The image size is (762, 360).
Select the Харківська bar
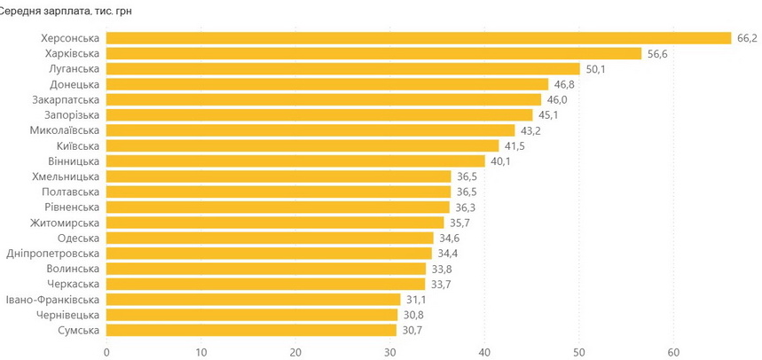tap(373, 53)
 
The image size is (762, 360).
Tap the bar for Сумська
tap(251, 330)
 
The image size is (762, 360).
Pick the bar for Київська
tap(302, 145)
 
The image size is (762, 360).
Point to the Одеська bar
tap(270, 238)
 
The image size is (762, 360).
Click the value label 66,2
tap(747, 38)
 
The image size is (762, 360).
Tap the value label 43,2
tap(530, 130)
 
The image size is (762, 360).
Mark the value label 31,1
tap(415, 300)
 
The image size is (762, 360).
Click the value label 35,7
tap(459, 223)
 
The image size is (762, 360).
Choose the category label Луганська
tap(75, 69)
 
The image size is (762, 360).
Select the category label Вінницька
tap(74, 161)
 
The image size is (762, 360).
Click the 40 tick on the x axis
tap(484, 352)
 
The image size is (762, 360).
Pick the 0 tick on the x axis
tap(106, 352)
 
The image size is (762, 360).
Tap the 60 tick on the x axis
tap(673, 352)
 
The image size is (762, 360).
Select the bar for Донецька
tap(327, 84)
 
